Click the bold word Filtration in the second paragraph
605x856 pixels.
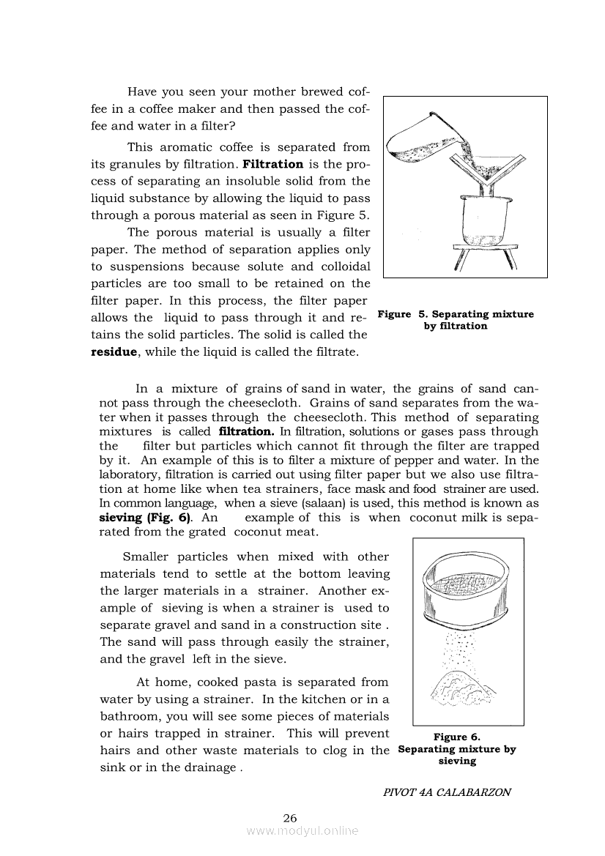[x=272, y=164]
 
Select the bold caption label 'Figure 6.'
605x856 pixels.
[x=456, y=737]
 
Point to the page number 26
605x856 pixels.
[x=289, y=818]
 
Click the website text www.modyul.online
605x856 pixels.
[x=302, y=831]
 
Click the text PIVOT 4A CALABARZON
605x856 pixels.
[x=446, y=792]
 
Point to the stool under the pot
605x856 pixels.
[x=484, y=257]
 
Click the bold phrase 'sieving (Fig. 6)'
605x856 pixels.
[x=146, y=517]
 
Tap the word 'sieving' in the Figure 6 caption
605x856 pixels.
[x=457, y=761]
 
